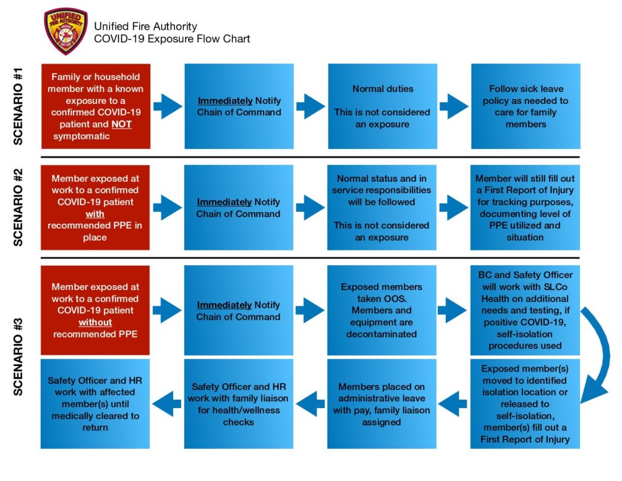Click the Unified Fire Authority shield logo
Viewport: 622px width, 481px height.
[x=66, y=32]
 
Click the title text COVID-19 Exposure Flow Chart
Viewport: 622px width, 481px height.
[x=171, y=39]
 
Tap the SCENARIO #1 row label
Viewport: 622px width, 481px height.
[x=18, y=106]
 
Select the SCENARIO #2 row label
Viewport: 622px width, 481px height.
[x=18, y=207]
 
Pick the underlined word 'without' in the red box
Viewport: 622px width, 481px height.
[x=95, y=322]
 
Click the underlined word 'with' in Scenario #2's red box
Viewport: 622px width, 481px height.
[x=95, y=214]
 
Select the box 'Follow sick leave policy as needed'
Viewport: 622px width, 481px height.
[x=525, y=106]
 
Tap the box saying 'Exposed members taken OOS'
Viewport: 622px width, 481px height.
[x=381, y=310]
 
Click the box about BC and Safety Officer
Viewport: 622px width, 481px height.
[x=525, y=310]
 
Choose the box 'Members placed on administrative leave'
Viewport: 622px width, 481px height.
[x=381, y=404]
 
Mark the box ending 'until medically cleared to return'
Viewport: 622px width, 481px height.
[x=95, y=404]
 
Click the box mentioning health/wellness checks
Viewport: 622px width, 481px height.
[x=238, y=404]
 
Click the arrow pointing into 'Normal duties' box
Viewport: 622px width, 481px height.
[x=310, y=106]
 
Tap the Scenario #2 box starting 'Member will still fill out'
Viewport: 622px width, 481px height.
[x=525, y=207]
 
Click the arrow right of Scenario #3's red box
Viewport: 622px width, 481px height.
[x=167, y=310]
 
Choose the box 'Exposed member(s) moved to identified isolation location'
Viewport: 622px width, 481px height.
[x=525, y=404]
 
